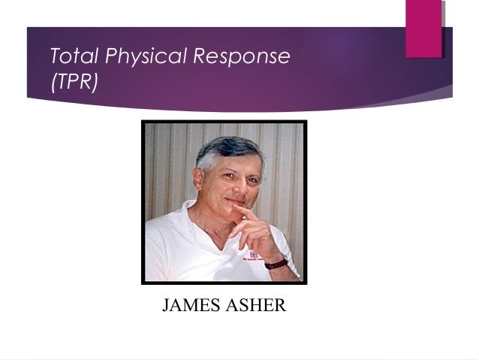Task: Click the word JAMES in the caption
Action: tap(188, 307)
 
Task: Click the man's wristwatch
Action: tap(276, 262)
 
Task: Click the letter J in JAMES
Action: tap(167, 307)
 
